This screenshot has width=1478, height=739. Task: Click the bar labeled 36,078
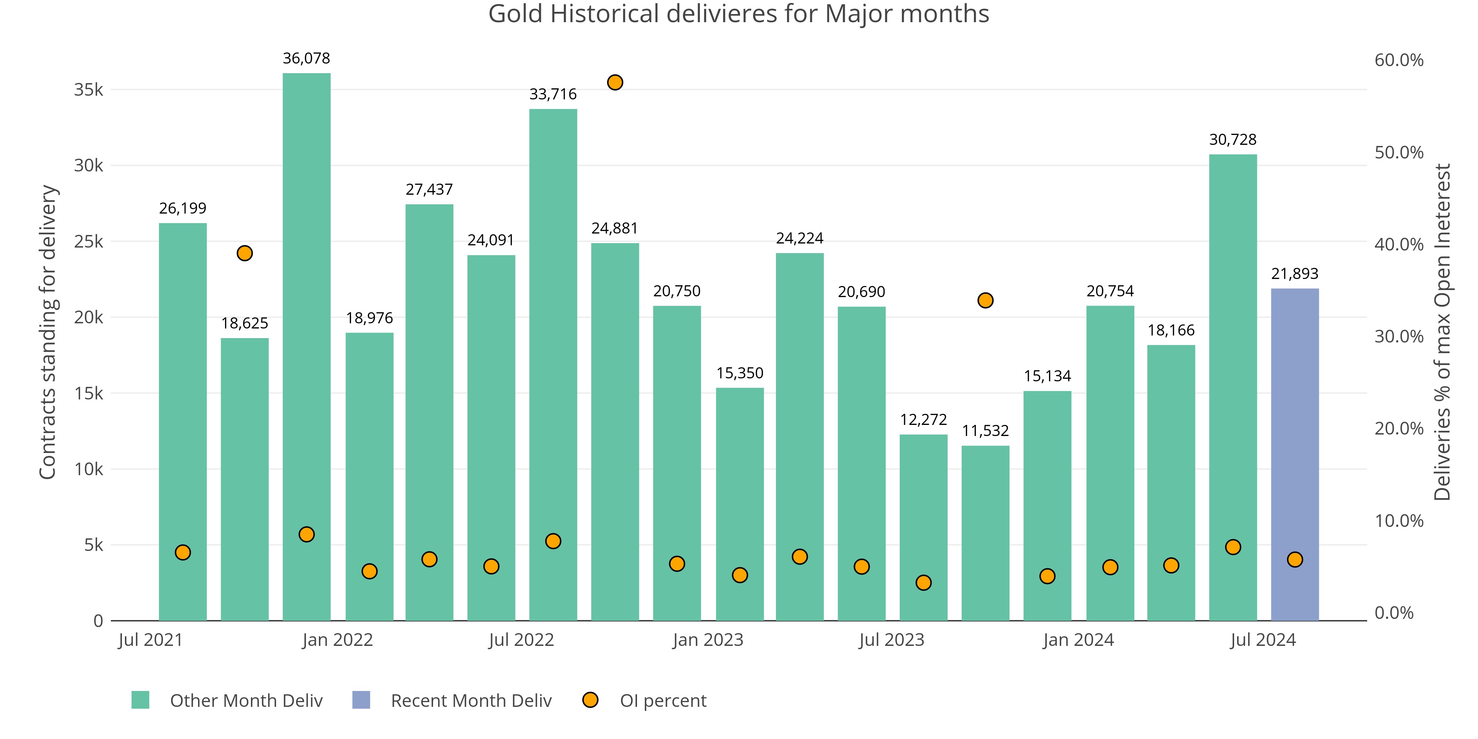pyautogui.click(x=306, y=344)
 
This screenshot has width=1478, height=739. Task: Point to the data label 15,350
pyautogui.click(x=740, y=373)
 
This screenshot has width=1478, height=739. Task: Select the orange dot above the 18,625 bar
pyautogui.click(x=244, y=253)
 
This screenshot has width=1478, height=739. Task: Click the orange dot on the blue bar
pyautogui.click(x=1294, y=559)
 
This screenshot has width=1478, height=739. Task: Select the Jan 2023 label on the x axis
pyautogui.click(x=708, y=640)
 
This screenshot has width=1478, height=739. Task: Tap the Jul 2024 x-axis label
pyautogui.click(x=1263, y=640)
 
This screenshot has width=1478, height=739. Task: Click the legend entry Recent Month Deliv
pyautogui.click(x=470, y=701)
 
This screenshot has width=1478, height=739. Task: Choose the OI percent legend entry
pyautogui.click(x=663, y=701)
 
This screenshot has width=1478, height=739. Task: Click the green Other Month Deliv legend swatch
pyautogui.click(x=140, y=700)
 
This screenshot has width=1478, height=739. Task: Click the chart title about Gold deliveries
pyautogui.click(x=738, y=14)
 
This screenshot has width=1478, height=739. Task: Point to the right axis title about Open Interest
pyautogui.click(x=1442, y=332)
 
